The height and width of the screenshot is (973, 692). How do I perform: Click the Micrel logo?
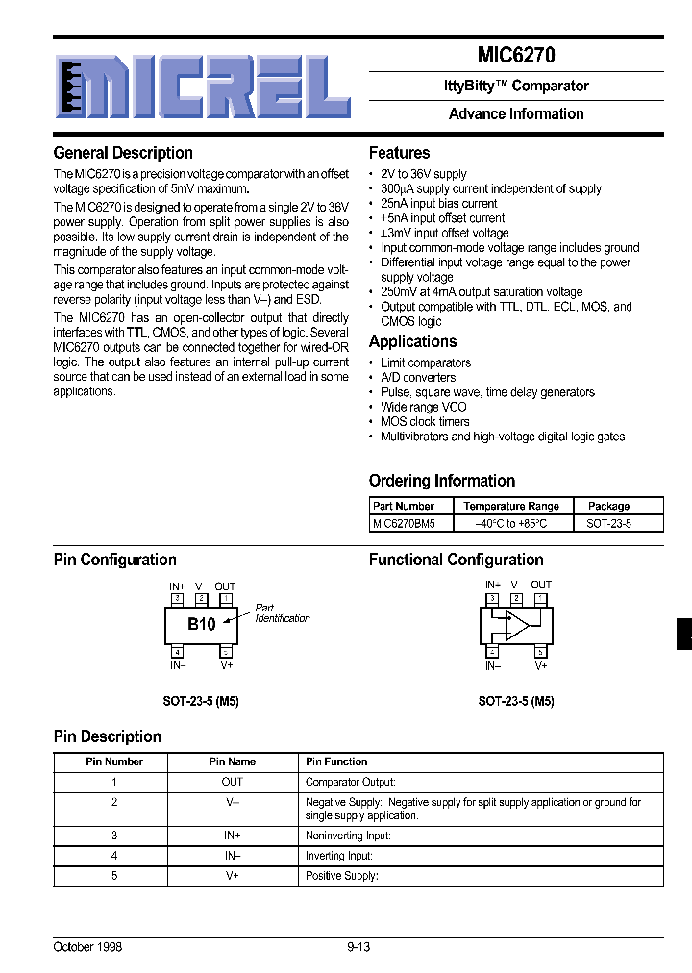201,85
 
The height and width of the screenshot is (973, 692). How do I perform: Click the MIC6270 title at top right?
516,56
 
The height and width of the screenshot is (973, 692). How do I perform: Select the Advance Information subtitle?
516,113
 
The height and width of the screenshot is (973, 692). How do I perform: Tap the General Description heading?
123,153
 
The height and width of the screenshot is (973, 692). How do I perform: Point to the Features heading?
399,153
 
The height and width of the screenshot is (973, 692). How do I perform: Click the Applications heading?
412,341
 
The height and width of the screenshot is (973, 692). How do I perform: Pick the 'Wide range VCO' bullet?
423,407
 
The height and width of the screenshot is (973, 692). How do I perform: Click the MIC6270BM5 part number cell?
404,524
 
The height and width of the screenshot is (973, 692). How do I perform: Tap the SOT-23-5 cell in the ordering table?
608,524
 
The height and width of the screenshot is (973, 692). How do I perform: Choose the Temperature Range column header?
510,506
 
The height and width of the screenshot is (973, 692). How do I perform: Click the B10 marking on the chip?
201,624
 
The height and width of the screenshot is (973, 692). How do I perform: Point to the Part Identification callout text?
282,613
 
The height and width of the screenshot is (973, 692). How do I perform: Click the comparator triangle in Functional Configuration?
517,624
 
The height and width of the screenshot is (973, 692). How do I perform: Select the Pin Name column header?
233,761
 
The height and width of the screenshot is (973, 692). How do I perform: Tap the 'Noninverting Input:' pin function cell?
348,836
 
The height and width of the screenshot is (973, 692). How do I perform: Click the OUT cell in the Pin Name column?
233,782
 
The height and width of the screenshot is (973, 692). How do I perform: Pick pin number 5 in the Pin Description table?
114,875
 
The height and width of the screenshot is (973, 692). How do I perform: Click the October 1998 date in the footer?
87,947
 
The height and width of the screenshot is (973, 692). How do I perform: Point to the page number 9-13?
358,947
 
